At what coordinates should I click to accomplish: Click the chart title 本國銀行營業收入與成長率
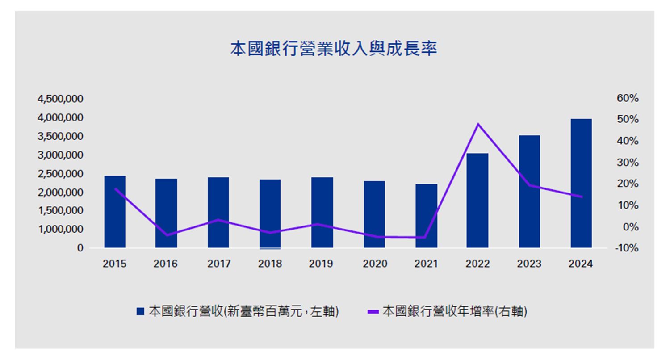click(x=333, y=49)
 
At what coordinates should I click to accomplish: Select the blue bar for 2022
click(x=477, y=201)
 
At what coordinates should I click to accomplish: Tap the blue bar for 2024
click(x=581, y=183)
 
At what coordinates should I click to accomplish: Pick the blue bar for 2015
click(x=115, y=212)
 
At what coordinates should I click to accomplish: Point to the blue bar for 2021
click(x=426, y=216)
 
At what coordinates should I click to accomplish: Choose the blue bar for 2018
click(x=270, y=214)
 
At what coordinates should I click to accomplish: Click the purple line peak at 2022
click(x=478, y=124)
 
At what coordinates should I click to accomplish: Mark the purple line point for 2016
click(x=167, y=235)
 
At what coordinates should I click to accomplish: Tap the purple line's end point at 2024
click(x=582, y=197)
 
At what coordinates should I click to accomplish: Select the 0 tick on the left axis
click(x=80, y=248)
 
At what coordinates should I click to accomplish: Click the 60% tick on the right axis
click(x=628, y=98)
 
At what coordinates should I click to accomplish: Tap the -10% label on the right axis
click(x=627, y=248)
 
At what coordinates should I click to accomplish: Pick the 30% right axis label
click(x=628, y=163)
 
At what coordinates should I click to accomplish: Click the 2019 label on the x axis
click(x=321, y=264)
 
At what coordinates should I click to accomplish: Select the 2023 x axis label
click(x=529, y=264)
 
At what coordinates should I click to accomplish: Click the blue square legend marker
click(x=140, y=311)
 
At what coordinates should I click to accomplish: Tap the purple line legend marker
click(x=373, y=312)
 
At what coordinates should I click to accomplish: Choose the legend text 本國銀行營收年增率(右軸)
click(x=455, y=311)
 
